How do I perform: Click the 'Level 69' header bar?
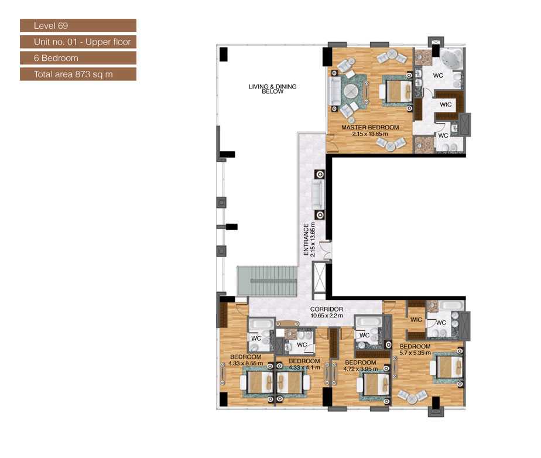pyautogui.click(x=78, y=26)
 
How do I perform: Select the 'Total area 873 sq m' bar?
pyautogui.click(x=78, y=74)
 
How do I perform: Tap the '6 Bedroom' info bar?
pyautogui.click(x=78, y=58)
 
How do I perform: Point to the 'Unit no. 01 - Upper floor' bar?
pyautogui.click(x=78, y=42)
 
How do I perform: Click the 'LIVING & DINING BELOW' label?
pyautogui.click(x=272, y=89)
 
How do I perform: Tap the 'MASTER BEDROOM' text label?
pyautogui.click(x=370, y=128)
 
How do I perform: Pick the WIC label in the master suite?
pyautogui.click(x=446, y=105)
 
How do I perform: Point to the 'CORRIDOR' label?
pyautogui.click(x=327, y=309)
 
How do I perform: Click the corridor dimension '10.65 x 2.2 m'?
pyautogui.click(x=327, y=316)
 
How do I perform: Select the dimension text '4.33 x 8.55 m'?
pyautogui.click(x=245, y=363)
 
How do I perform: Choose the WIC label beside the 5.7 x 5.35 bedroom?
pyautogui.click(x=416, y=320)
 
